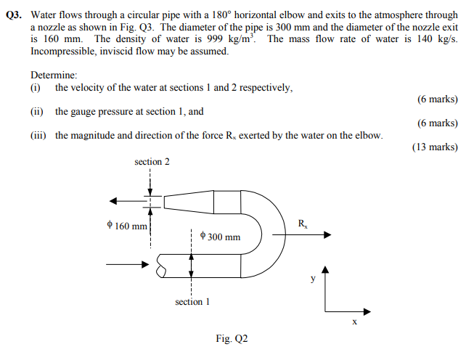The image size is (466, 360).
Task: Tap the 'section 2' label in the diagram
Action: tap(152, 162)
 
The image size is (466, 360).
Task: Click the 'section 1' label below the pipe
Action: tap(192, 301)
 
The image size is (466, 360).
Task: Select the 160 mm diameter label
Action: tap(126, 226)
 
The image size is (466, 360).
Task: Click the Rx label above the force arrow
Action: tap(303, 224)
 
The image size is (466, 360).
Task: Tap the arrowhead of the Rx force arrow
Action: tap(327, 235)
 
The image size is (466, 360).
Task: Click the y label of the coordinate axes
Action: tap(314, 278)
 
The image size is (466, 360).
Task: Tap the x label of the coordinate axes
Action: tap(353, 322)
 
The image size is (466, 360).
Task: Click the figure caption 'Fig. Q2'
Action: tap(232, 338)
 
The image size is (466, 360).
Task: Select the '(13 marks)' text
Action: tap(434, 147)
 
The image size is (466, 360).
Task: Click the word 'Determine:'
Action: tap(54, 75)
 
